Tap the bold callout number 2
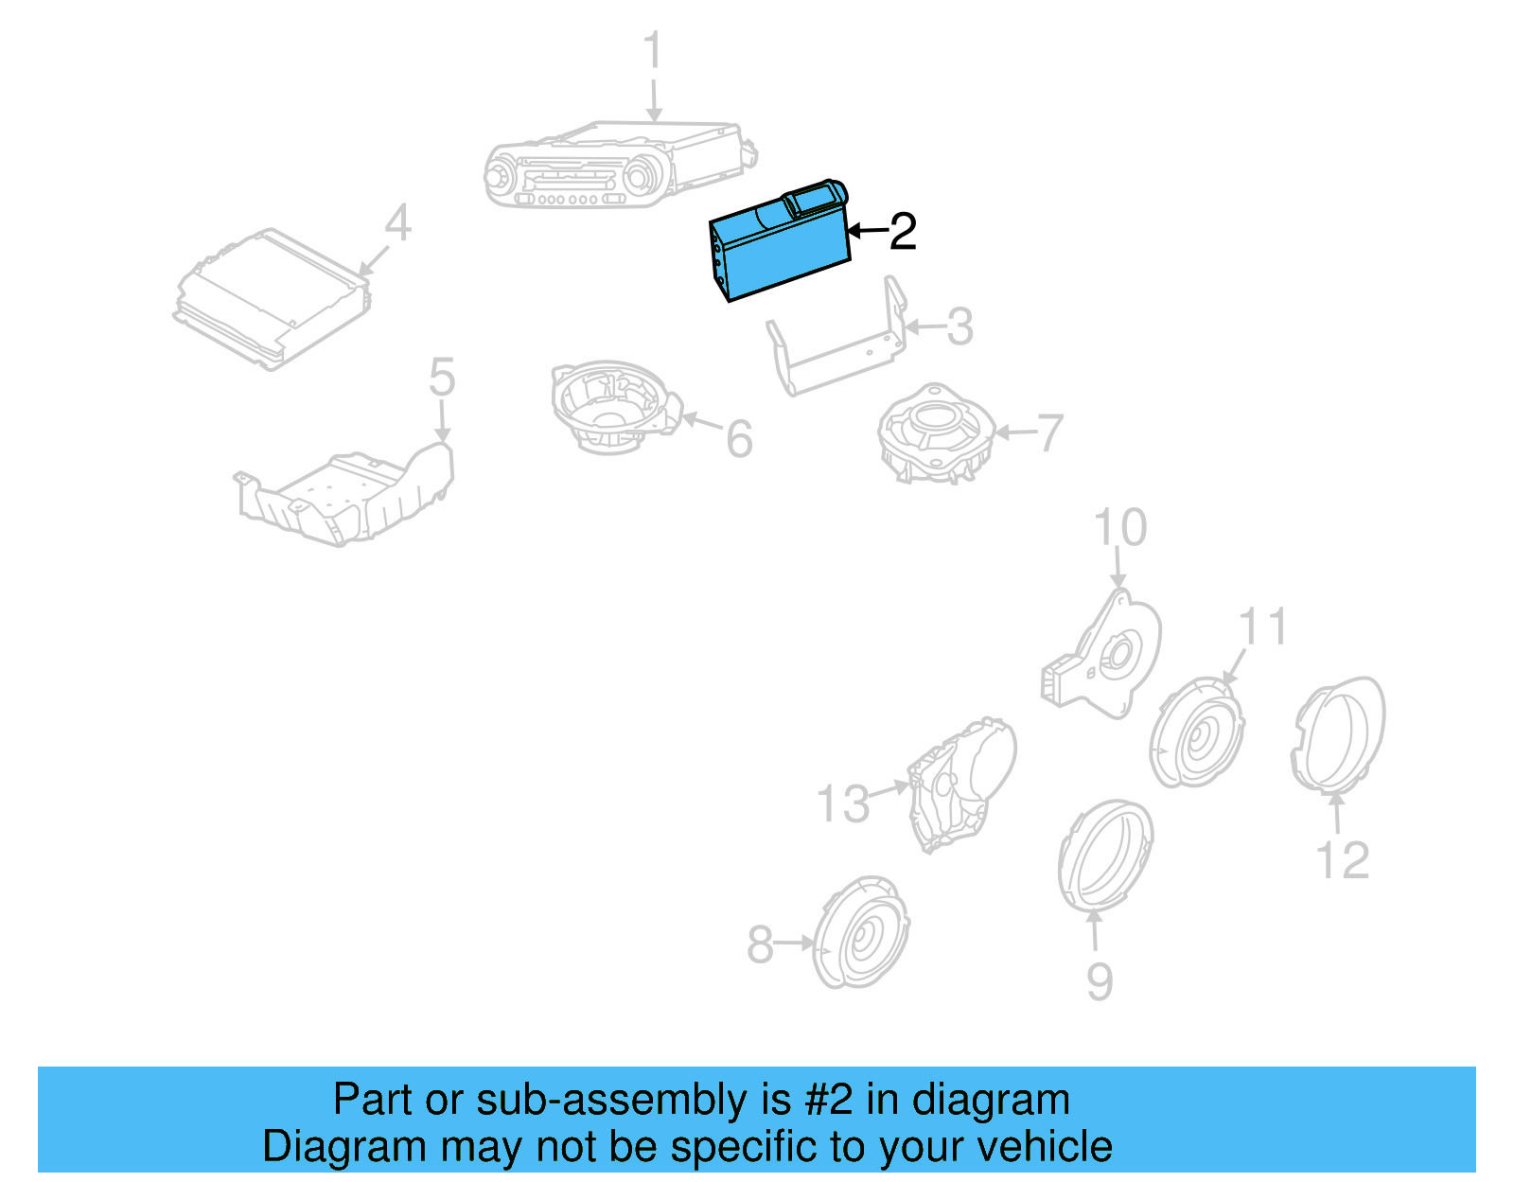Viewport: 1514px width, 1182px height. [x=903, y=232]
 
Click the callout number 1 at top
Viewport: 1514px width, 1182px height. [x=653, y=51]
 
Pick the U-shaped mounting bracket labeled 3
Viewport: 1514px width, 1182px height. [x=837, y=345]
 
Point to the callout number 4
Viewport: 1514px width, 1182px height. [x=398, y=224]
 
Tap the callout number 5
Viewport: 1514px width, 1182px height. [x=441, y=377]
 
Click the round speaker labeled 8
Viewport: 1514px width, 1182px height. [x=861, y=933]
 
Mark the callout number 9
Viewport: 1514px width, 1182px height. [x=1099, y=981]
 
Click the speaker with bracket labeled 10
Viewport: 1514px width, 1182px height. [x=1107, y=658]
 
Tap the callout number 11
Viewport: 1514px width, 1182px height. [x=1262, y=626]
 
